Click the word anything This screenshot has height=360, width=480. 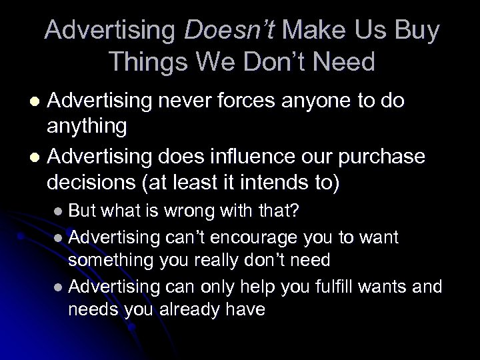(89, 126)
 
